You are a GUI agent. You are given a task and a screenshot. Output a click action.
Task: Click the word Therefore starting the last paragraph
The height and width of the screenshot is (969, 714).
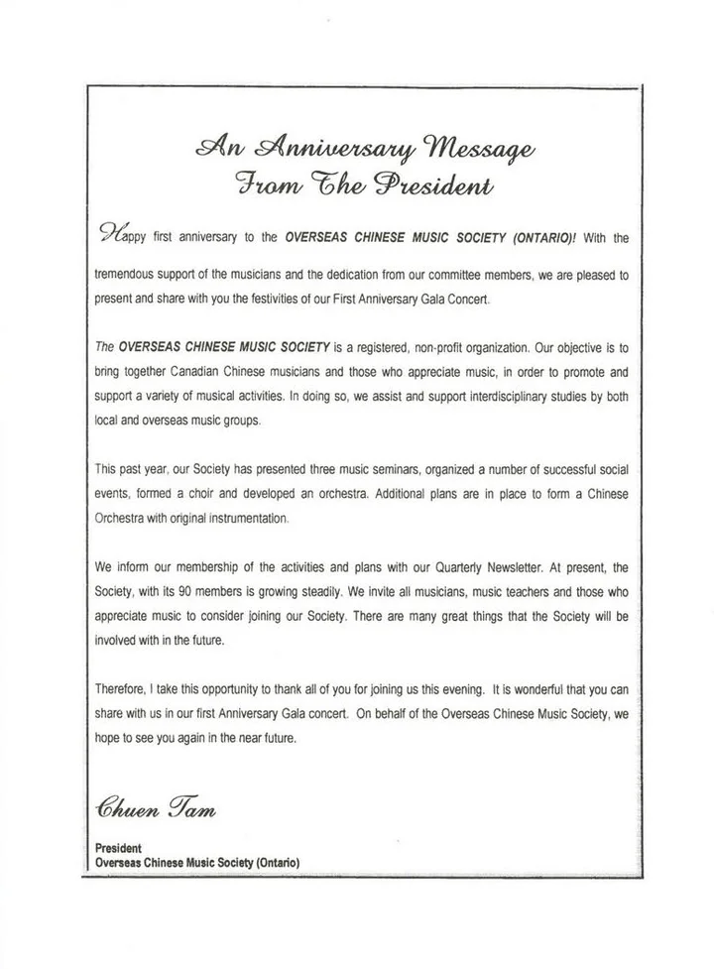124,688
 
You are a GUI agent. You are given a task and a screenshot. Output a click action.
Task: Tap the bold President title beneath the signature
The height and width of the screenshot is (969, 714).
119,849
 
